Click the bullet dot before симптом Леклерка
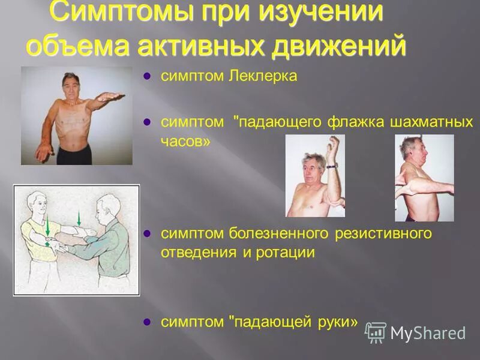147,77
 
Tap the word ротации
286,253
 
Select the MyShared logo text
428,333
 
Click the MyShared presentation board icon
376,332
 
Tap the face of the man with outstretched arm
71,85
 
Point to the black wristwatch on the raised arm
331,166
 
